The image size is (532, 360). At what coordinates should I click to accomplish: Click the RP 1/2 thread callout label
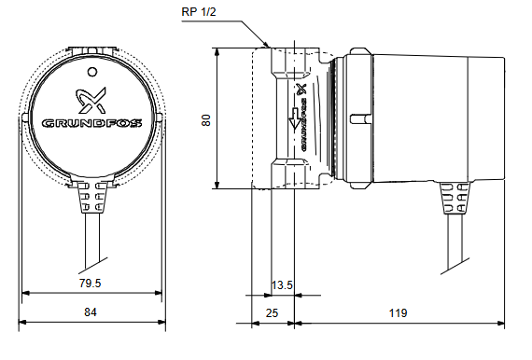(x=199, y=12)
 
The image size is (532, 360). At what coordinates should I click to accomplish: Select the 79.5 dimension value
(x=90, y=283)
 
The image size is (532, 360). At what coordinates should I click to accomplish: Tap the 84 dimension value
(x=91, y=312)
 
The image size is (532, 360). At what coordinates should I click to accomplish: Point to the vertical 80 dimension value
(x=206, y=120)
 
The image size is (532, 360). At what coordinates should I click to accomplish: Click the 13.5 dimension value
(x=282, y=285)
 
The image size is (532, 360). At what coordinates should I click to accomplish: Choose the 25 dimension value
(x=272, y=313)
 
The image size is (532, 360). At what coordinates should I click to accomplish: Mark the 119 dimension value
(x=398, y=312)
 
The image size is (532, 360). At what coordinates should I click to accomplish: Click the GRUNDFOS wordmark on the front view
(x=92, y=123)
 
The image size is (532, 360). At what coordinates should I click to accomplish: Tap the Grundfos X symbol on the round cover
(x=91, y=101)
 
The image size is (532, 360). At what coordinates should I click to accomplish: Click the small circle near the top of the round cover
(x=92, y=72)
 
